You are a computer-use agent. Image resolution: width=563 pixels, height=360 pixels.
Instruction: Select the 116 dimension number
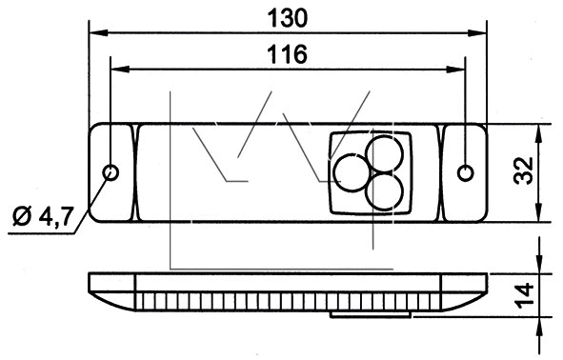(288, 54)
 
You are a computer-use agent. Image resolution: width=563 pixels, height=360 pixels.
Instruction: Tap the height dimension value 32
(523, 172)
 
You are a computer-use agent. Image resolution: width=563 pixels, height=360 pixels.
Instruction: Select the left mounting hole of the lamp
(111, 172)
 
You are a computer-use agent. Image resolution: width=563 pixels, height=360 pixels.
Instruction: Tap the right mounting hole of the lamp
(465, 172)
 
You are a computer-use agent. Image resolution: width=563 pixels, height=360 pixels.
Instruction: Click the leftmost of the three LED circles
(351, 172)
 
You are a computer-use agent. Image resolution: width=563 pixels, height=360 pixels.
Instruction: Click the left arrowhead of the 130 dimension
(95, 31)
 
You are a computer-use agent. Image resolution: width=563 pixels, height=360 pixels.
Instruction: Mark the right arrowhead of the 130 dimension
(482, 31)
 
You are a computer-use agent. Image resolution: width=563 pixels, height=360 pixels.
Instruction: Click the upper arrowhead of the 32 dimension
(540, 130)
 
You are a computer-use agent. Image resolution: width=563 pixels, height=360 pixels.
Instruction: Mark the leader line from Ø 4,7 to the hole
(93, 196)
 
